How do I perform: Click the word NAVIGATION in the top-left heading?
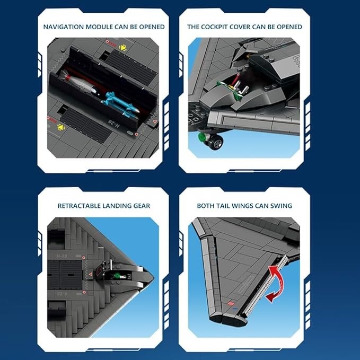(x=64, y=27)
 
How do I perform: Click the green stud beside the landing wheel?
(x=203, y=137)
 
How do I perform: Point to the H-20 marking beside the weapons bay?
(x=114, y=125)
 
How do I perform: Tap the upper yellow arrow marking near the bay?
(x=123, y=48)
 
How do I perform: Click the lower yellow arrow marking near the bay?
(x=61, y=127)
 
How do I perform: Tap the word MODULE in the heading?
(x=99, y=27)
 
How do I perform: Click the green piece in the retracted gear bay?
(x=118, y=275)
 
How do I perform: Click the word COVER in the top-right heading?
(x=240, y=27)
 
